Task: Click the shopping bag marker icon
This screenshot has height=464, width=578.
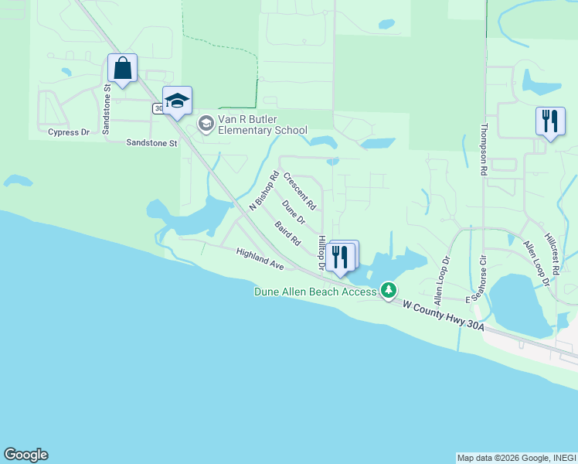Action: point(123,68)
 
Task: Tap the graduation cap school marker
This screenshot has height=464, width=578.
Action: point(178,101)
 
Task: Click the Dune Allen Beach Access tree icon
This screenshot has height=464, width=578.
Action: point(389,291)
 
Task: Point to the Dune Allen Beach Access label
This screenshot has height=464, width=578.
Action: point(315,292)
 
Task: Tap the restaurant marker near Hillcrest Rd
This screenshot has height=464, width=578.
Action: point(549,121)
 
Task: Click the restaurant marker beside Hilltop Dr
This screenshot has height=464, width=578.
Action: point(340,257)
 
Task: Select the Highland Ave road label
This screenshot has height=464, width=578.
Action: point(260,259)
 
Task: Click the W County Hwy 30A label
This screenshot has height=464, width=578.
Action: point(444,316)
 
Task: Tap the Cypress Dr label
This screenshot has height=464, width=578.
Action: point(69,132)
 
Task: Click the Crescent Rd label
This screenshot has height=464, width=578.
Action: point(299,192)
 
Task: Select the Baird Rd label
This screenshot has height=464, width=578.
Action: point(287,234)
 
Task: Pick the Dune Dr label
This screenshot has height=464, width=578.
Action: point(294,213)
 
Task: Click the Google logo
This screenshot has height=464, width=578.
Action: point(25,455)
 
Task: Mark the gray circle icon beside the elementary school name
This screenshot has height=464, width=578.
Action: point(206,123)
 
